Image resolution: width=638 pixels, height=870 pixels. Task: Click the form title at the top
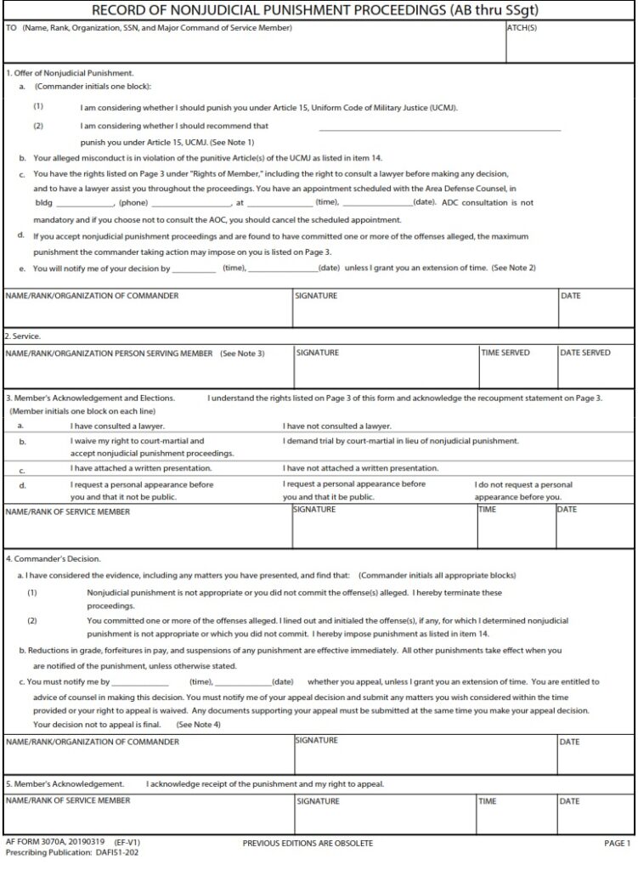click(319, 10)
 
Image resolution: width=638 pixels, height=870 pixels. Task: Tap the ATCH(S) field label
click(522, 28)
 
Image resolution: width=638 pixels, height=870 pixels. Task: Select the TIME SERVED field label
click(505, 353)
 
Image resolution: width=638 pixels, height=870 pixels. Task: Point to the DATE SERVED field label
click(584, 353)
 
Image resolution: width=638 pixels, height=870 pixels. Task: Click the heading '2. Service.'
click(23, 336)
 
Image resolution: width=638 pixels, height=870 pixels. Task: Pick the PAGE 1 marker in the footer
click(616, 843)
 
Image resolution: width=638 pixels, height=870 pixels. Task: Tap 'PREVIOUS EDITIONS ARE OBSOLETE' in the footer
click(308, 843)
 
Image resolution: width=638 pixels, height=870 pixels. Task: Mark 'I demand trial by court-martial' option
click(400, 441)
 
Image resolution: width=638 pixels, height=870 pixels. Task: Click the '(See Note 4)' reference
click(198, 724)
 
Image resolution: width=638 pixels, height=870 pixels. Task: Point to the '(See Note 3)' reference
click(242, 353)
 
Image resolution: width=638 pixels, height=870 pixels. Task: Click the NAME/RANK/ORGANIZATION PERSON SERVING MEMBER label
click(110, 353)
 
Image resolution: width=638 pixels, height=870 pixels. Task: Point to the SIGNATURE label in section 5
click(318, 801)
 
